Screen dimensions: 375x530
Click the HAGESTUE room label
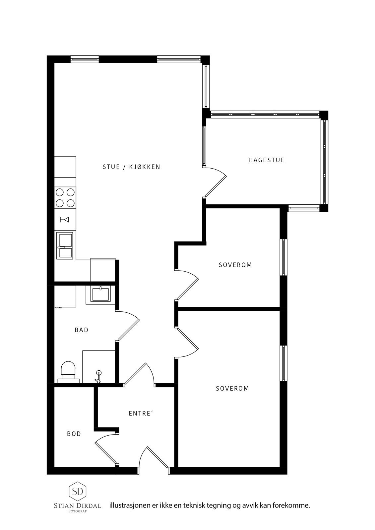(266, 160)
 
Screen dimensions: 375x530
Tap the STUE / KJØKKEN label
(132, 167)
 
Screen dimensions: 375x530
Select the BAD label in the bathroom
(82, 330)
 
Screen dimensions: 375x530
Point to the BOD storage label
(74, 434)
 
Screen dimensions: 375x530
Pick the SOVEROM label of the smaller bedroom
(235, 265)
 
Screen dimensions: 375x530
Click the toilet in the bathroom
(68, 372)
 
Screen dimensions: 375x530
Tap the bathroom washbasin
(100, 294)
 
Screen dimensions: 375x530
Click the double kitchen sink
(64, 245)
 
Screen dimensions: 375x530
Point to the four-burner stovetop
(65, 198)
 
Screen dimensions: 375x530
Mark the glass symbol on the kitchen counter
(64, 220)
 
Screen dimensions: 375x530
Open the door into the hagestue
(215, 182)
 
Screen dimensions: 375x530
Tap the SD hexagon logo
(78, 492)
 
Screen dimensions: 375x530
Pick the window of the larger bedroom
(283, 363)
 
